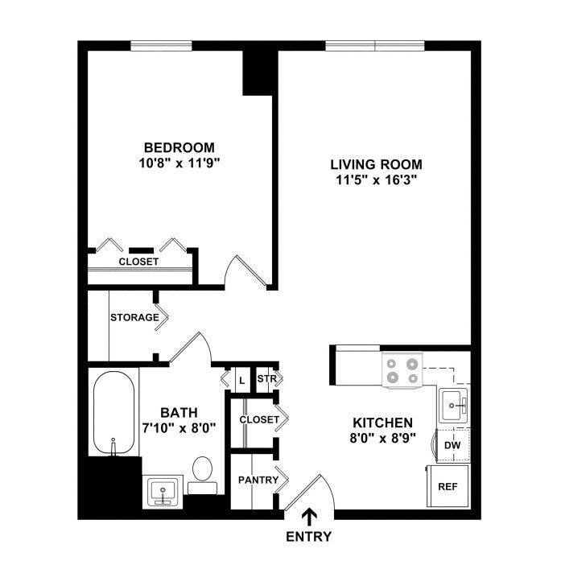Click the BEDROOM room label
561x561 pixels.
(179, 147)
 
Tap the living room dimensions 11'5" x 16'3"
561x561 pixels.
(377, 180)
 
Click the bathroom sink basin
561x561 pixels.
(163, 491)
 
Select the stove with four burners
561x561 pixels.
(402, 371)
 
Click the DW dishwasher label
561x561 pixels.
(452, 445)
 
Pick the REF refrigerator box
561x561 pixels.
(448, 486)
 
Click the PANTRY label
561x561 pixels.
(258, 480)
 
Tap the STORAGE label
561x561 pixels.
(134, 317)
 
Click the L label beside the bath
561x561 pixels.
(242, 381)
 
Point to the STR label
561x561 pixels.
(267, 378)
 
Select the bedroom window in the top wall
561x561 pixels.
(161, 46)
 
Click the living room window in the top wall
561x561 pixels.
(375, 46)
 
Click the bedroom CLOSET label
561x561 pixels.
(138, 262)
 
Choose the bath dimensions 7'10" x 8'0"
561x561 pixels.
(179, 428)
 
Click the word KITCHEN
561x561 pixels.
(383, 423)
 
